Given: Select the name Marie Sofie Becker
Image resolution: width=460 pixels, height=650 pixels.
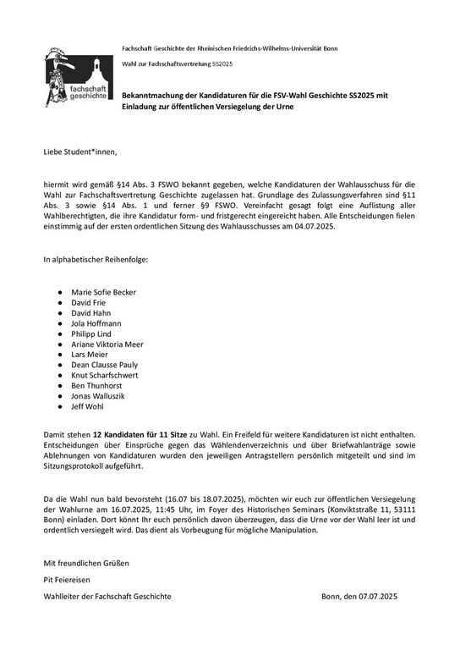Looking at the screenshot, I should tap(104, 292).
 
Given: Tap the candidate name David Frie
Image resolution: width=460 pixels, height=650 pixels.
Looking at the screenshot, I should tap(90, 302).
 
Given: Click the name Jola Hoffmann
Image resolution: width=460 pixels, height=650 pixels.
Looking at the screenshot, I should tap(96, 323).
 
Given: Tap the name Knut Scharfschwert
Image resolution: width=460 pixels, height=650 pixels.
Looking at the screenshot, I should tap(105, 374).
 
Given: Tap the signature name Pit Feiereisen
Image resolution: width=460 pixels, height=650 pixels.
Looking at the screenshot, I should tap(68, 579).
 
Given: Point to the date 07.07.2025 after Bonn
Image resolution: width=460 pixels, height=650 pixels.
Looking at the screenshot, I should tap(394, 597).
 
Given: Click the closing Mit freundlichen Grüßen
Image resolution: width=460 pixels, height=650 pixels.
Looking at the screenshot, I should tap(87, 562).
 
